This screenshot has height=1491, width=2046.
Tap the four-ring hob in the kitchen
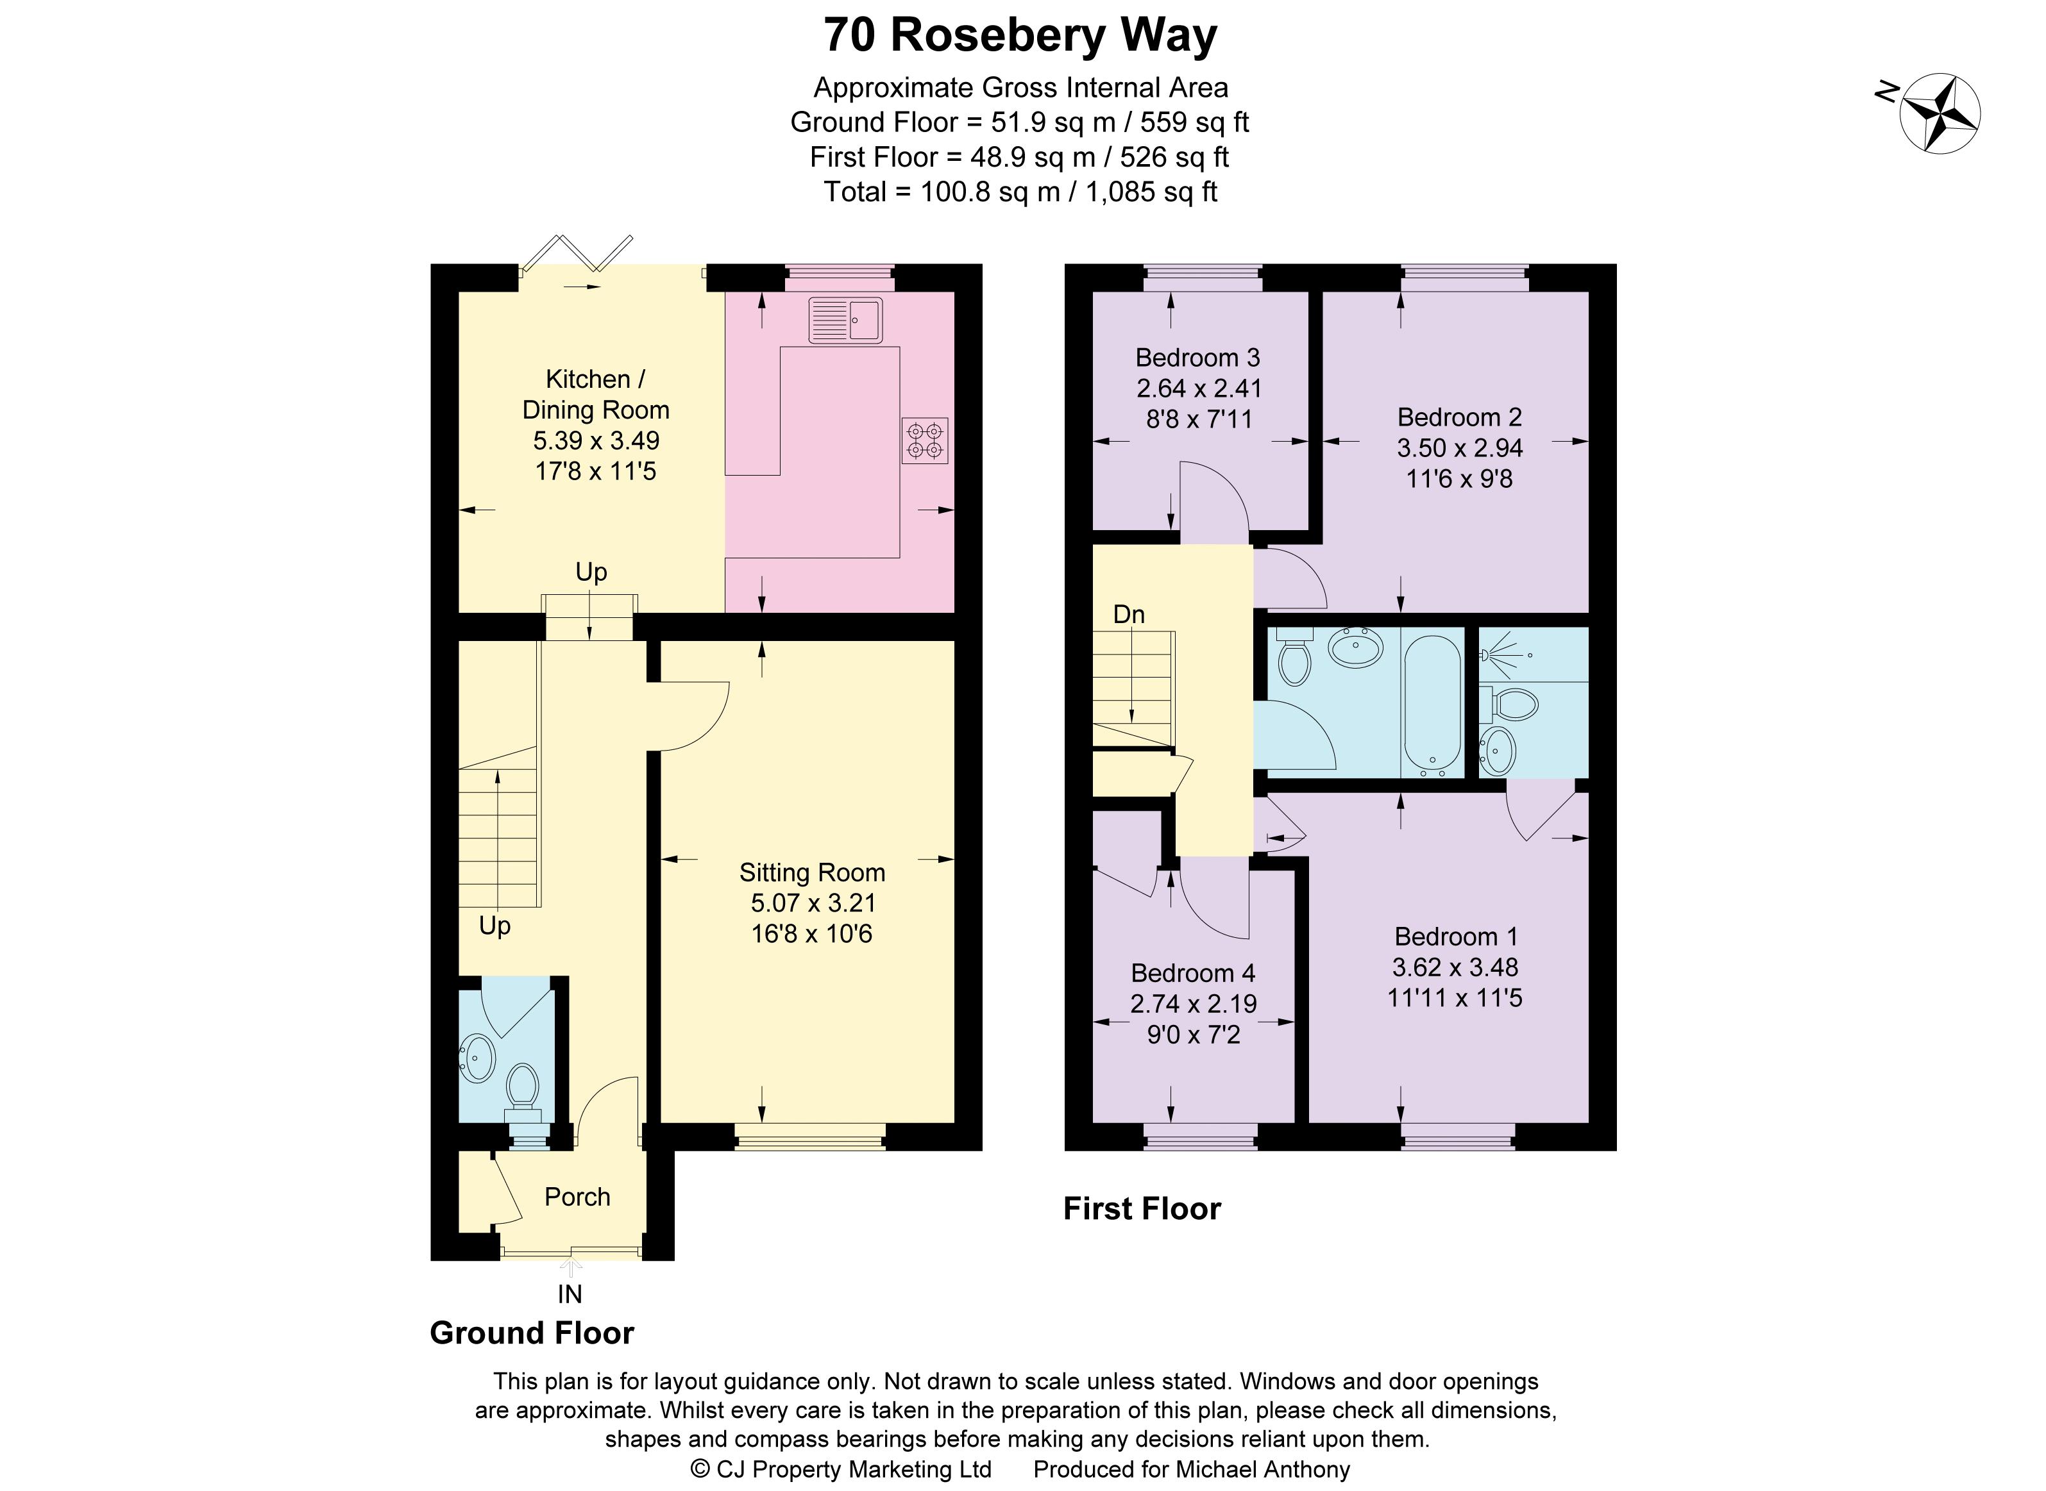[x=925, y=440]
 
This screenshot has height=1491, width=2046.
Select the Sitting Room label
[x=812, y=873]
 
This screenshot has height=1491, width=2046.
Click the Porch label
[x=577, y=1197]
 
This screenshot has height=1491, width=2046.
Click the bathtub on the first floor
[x=1433, y=702]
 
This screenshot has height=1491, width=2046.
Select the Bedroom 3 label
[x=1197, y=358]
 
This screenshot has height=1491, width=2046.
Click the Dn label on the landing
[x=1129, y=615]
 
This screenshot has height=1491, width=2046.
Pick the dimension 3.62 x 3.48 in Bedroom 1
[x=1455, y=967]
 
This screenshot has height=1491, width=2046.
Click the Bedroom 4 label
[x=1193, y=973]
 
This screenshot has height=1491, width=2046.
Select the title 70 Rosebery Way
[x=1020, y=36]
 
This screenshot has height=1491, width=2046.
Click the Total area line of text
[x=1020, y=192]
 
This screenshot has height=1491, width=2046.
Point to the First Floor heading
[x=1141, y=1208]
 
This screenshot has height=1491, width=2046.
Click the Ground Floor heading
[x=532, y=1333]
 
